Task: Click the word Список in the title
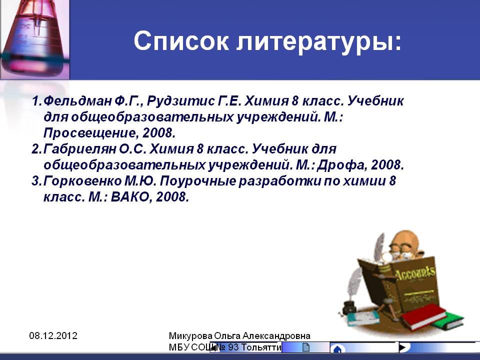coord(181,40)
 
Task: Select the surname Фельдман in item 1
coord(78,100)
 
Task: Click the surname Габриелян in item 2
coord(79,149)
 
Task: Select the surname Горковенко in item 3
coord(82,181)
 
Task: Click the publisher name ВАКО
coord(129,197)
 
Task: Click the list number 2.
coord(36,149)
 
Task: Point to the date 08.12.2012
coord(53,336)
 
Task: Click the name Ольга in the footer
coord(227,336)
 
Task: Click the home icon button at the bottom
coord(337,349)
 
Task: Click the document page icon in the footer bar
coord(306,347)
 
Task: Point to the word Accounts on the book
coord(415,273)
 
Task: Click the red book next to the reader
coord(424,316)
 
